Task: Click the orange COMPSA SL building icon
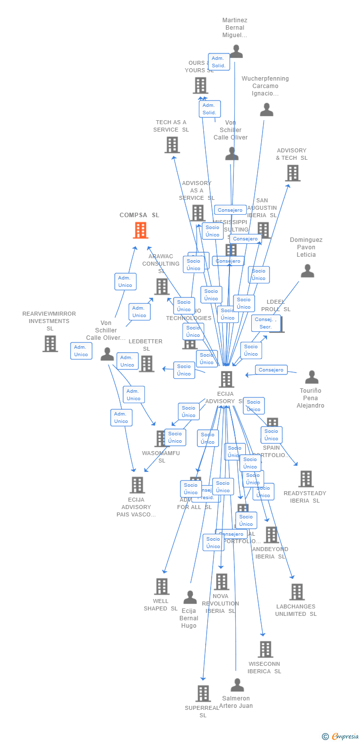coord(140,230)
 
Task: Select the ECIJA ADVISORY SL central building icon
coord(226,379)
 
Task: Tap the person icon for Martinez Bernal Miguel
coord(236,51)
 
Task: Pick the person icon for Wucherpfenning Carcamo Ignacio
coord(267,110)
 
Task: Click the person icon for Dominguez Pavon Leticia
coord(308,271)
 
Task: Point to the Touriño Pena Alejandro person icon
coord(312,377)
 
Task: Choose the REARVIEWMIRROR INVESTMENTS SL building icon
coord(50,344)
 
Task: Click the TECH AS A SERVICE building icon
coord(172,145)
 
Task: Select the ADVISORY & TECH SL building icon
coord(293,173)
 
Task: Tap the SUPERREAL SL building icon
coord(203,694)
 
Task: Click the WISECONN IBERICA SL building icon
coord(266,649)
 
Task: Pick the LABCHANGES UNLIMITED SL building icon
coord(297,592)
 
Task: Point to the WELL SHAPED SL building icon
coord(162,587)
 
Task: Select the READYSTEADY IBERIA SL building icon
coord(306,479)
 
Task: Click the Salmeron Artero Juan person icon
coord(237,685)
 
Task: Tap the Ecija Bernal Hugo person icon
coord(190,598)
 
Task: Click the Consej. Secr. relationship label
coord(266,323)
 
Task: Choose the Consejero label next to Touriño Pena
coord(271,370)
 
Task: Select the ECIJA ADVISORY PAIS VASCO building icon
coord(137,485)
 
